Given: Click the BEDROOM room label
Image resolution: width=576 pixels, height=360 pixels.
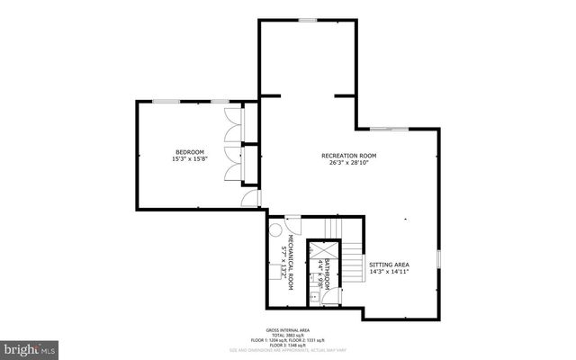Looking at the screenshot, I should click(x=190, y=151).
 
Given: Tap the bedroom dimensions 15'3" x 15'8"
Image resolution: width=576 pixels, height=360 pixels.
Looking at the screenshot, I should click(x=190, y=159).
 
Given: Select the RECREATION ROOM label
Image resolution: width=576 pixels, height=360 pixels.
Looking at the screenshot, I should click(x=348, y=156).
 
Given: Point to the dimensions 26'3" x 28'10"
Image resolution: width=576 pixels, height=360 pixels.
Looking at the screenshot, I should click(x=348, y=164).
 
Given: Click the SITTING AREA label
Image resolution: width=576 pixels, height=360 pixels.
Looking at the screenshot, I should click(x=389, y=265).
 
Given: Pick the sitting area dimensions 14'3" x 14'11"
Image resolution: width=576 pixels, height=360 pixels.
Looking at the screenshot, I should click(x=389, y=273).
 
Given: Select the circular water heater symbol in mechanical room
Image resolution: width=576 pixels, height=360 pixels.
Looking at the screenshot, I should click(x=275, y=230).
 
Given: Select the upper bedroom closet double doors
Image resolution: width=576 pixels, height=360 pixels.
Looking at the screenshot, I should click(x=235, y=125).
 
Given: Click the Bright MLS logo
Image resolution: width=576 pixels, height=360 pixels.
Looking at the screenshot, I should click(x=30, y=347).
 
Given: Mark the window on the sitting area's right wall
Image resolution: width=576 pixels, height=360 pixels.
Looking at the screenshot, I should click(x=439, y=259).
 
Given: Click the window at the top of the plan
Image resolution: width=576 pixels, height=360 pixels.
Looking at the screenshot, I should click(x=308, y=20).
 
